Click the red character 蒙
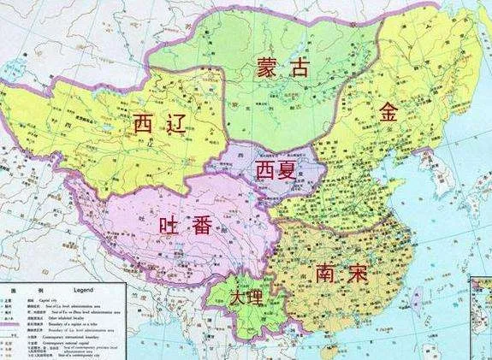[x=268, y=68]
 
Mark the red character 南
[x=325, y=274]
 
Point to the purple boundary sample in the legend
[x=10, y=323]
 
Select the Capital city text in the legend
[x=46, y=299]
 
